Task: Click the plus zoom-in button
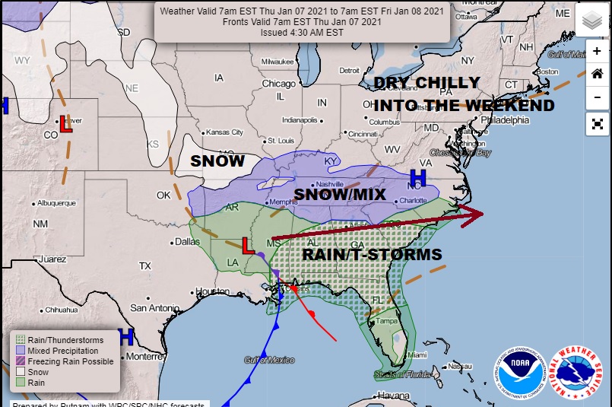tap(597, 51)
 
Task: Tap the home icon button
tap(597, 74)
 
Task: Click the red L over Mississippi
tap(247, 246)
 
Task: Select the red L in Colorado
tap(66, 126)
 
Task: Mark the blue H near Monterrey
tap(126, 335)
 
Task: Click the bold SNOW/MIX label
tap(340, 195)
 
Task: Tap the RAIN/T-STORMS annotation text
tap(372, 254)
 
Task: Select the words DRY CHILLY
tap(426, 83)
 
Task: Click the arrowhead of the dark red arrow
tap(475, 214)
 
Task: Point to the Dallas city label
tap(186, 241)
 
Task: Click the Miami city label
tap(415, 355)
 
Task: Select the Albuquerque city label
tap(54, 203)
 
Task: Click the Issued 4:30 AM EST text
tap(303, 32)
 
